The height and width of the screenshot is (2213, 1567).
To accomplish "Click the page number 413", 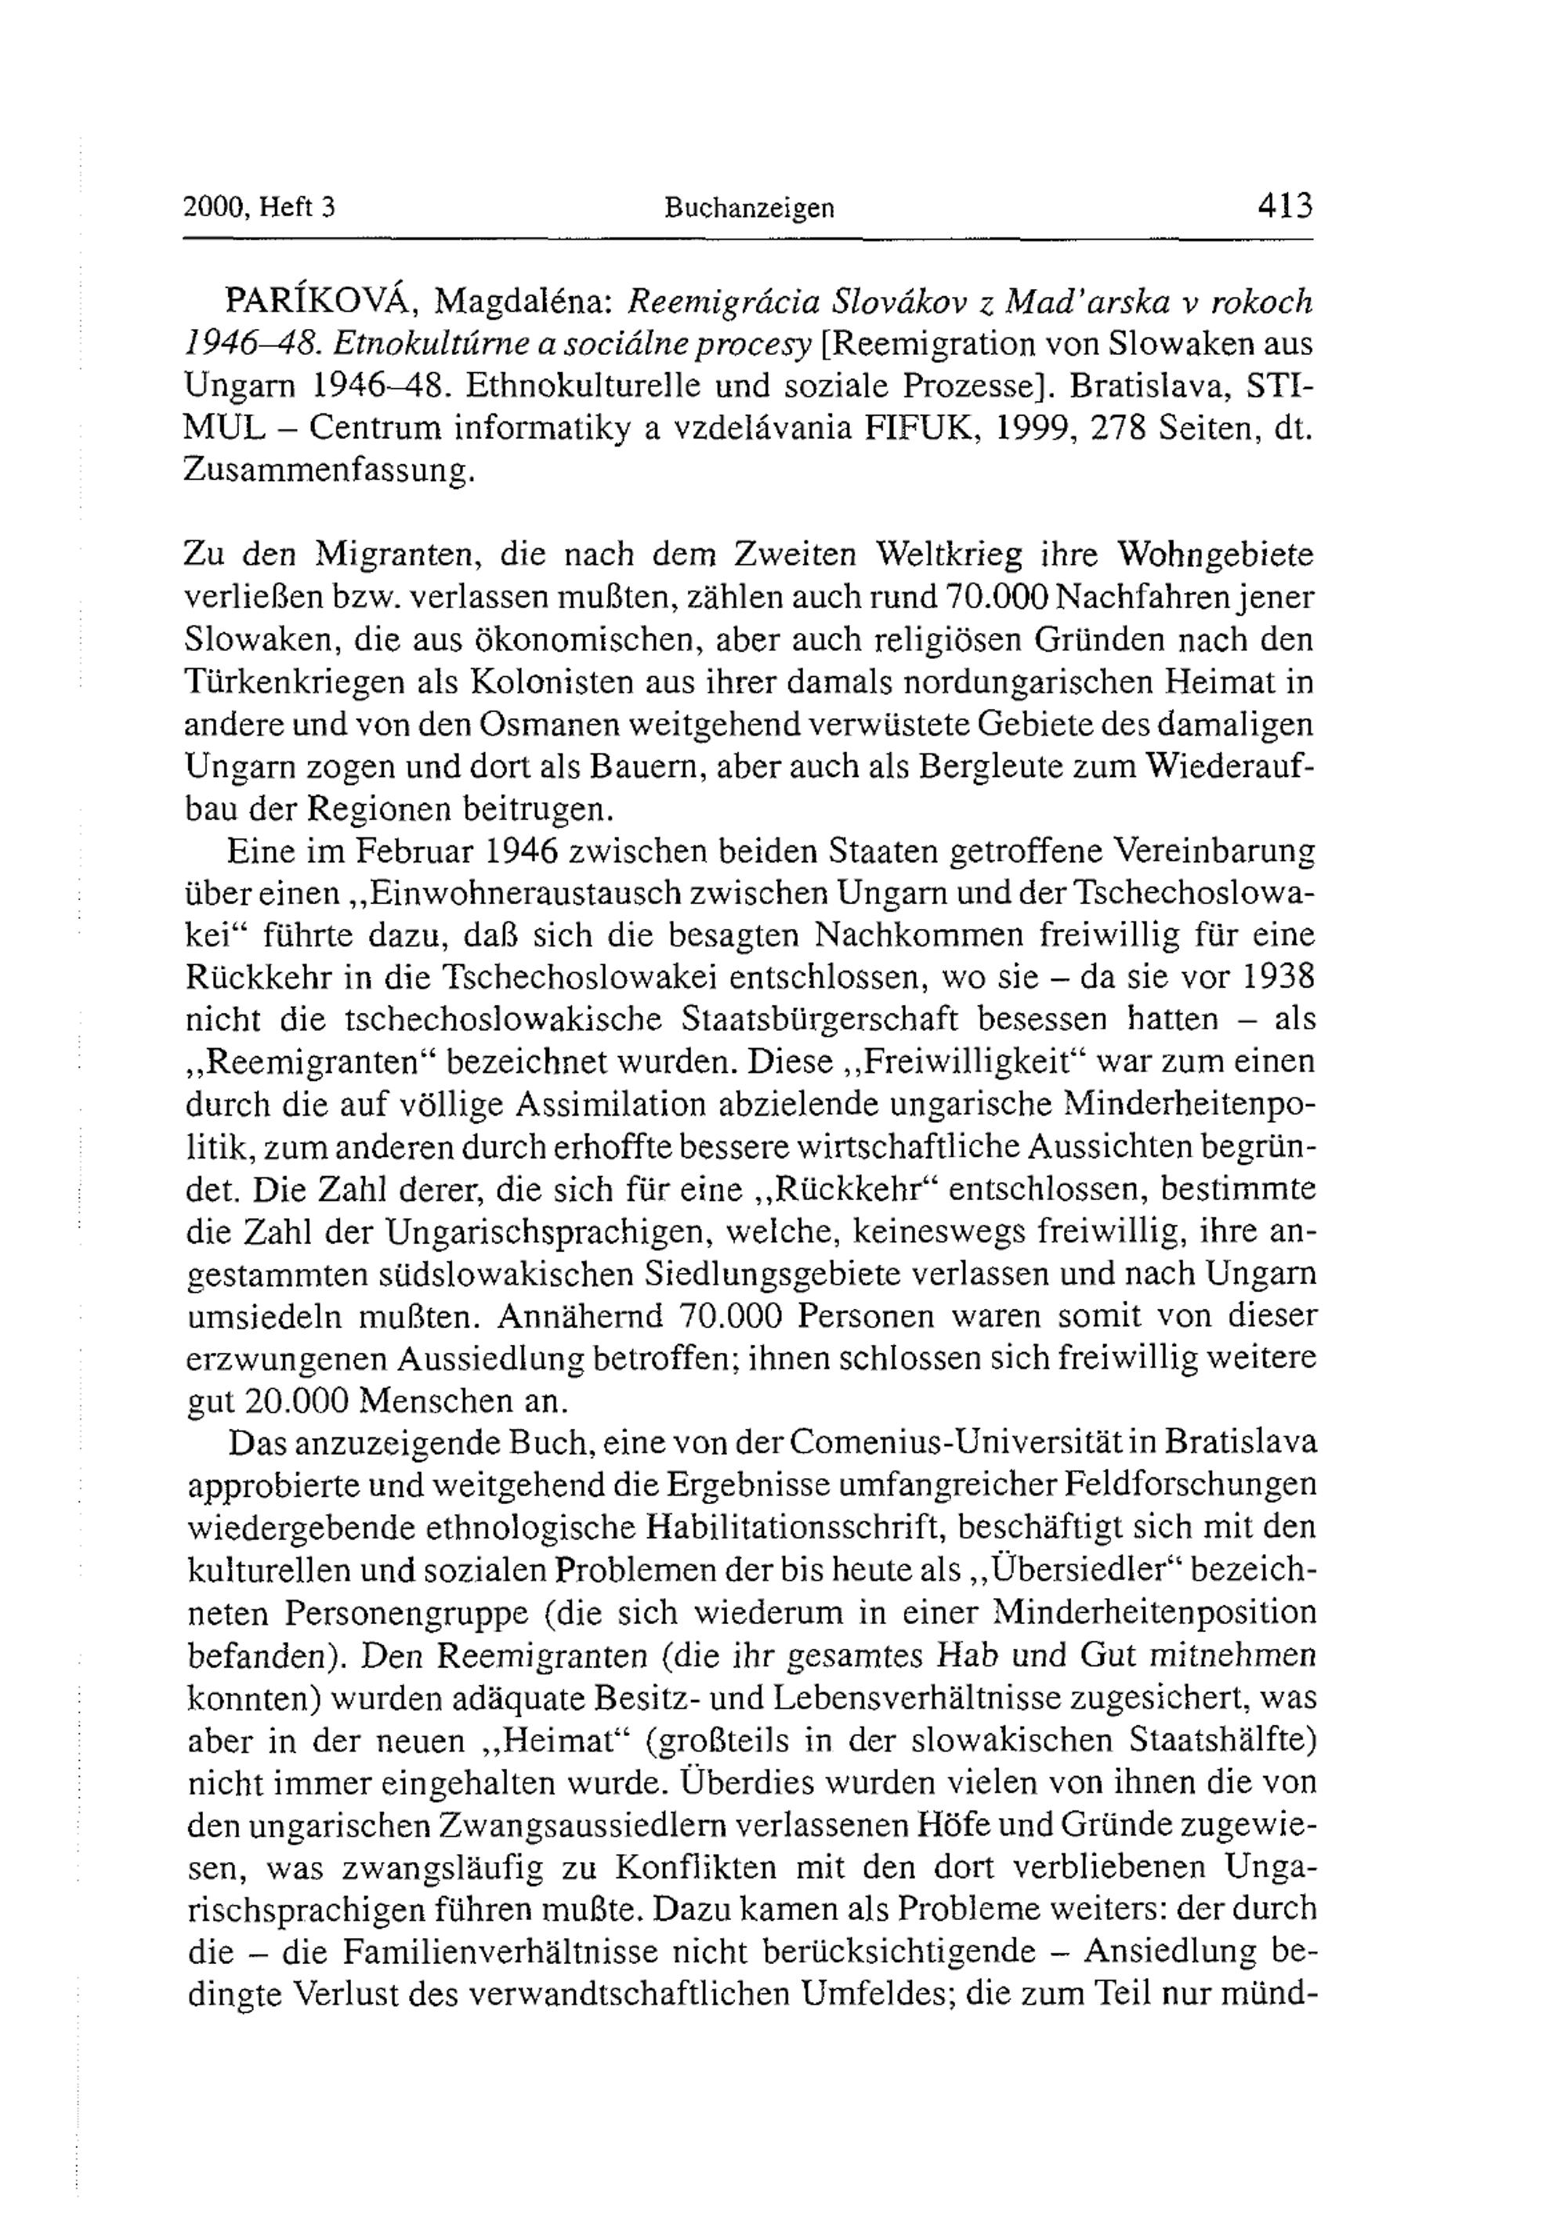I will point(1284,205).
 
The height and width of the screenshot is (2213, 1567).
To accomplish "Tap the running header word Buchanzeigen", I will point(749,208).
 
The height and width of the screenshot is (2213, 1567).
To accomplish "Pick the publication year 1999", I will point(1034,428).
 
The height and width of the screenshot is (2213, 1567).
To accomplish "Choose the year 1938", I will point(1278,977).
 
